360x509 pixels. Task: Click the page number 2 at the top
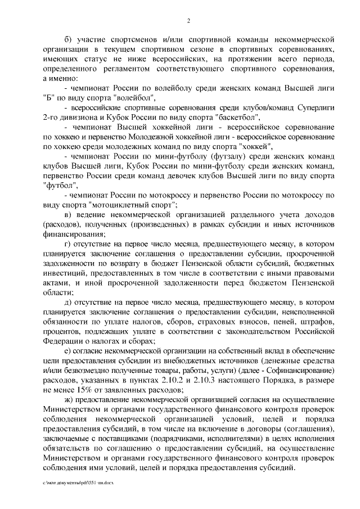188,21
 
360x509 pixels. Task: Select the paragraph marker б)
69,40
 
